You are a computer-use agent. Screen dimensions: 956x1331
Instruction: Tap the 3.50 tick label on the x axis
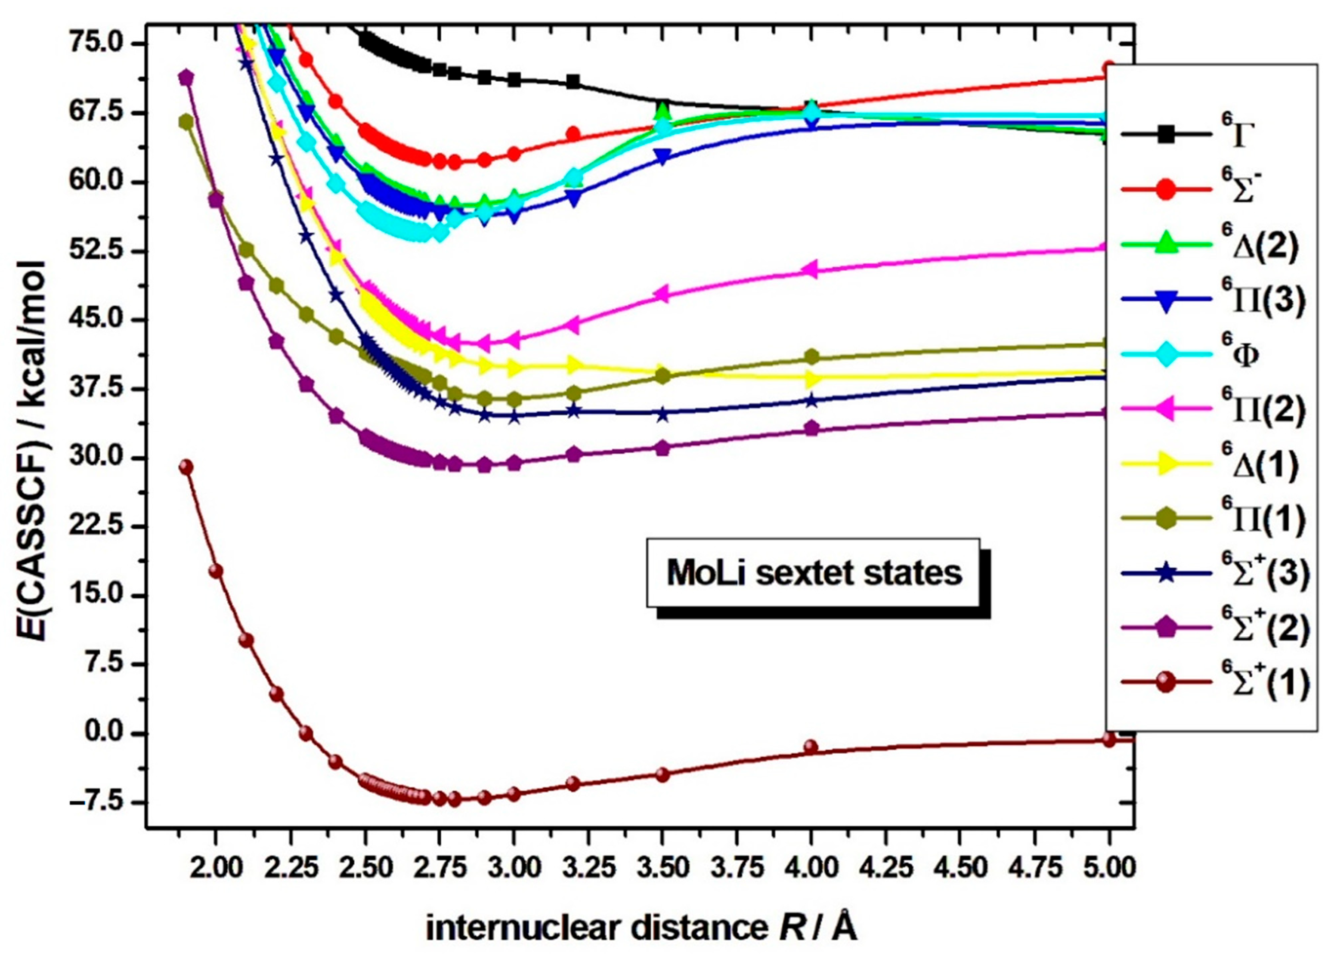pos(662,867)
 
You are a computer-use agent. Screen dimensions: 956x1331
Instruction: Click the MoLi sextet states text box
pos(814,573)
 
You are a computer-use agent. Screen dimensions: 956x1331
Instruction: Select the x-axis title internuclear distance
pos(641,928)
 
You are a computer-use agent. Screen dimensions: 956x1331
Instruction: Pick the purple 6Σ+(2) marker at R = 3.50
pos(662,448)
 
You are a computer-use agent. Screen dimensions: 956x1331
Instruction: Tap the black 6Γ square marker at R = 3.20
pos(573,82)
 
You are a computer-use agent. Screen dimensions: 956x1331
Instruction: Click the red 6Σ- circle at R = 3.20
pos(573,134)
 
